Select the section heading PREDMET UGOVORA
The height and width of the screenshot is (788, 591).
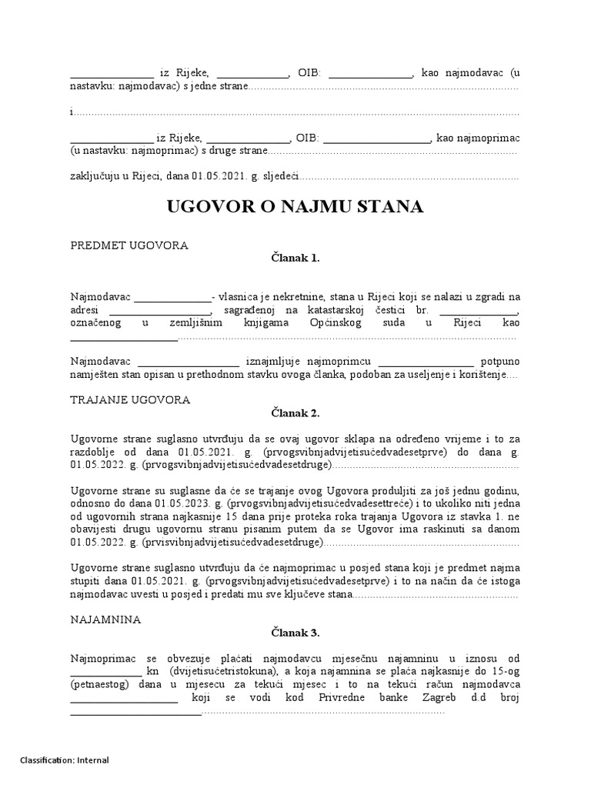[x=129, y=245]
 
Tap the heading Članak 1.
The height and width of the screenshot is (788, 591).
[x=295, y=259]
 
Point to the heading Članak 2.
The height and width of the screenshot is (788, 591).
[x=295, y=413]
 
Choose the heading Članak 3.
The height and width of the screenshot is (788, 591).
[x=295, y=633]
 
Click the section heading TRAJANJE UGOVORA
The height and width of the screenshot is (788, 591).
[x=130, y=400]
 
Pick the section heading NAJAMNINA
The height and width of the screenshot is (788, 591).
[x=105, y=619]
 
